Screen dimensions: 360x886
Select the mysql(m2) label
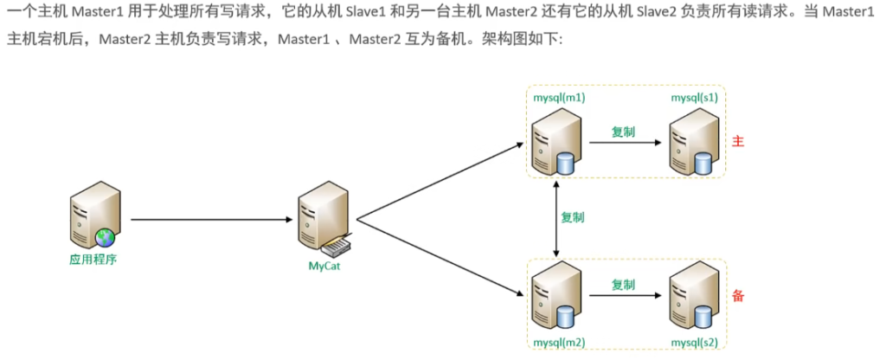pyautogui.click(x=561, y=342)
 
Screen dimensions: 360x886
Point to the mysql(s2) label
pyautogui.click(x=694, y=342)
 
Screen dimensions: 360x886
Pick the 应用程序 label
pyautogui.click(x=93, y=259)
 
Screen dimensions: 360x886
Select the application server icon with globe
pyautogui.click(x=93, y=216)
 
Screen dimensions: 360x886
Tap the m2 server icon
pyautogui.click(x=554, y=296)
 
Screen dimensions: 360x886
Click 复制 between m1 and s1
pyautogui.click(x=624, y=132)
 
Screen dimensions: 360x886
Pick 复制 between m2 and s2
pyautogui.click(x=624, y=285)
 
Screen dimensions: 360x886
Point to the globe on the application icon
pyautogui.click(x=106, y=236)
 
